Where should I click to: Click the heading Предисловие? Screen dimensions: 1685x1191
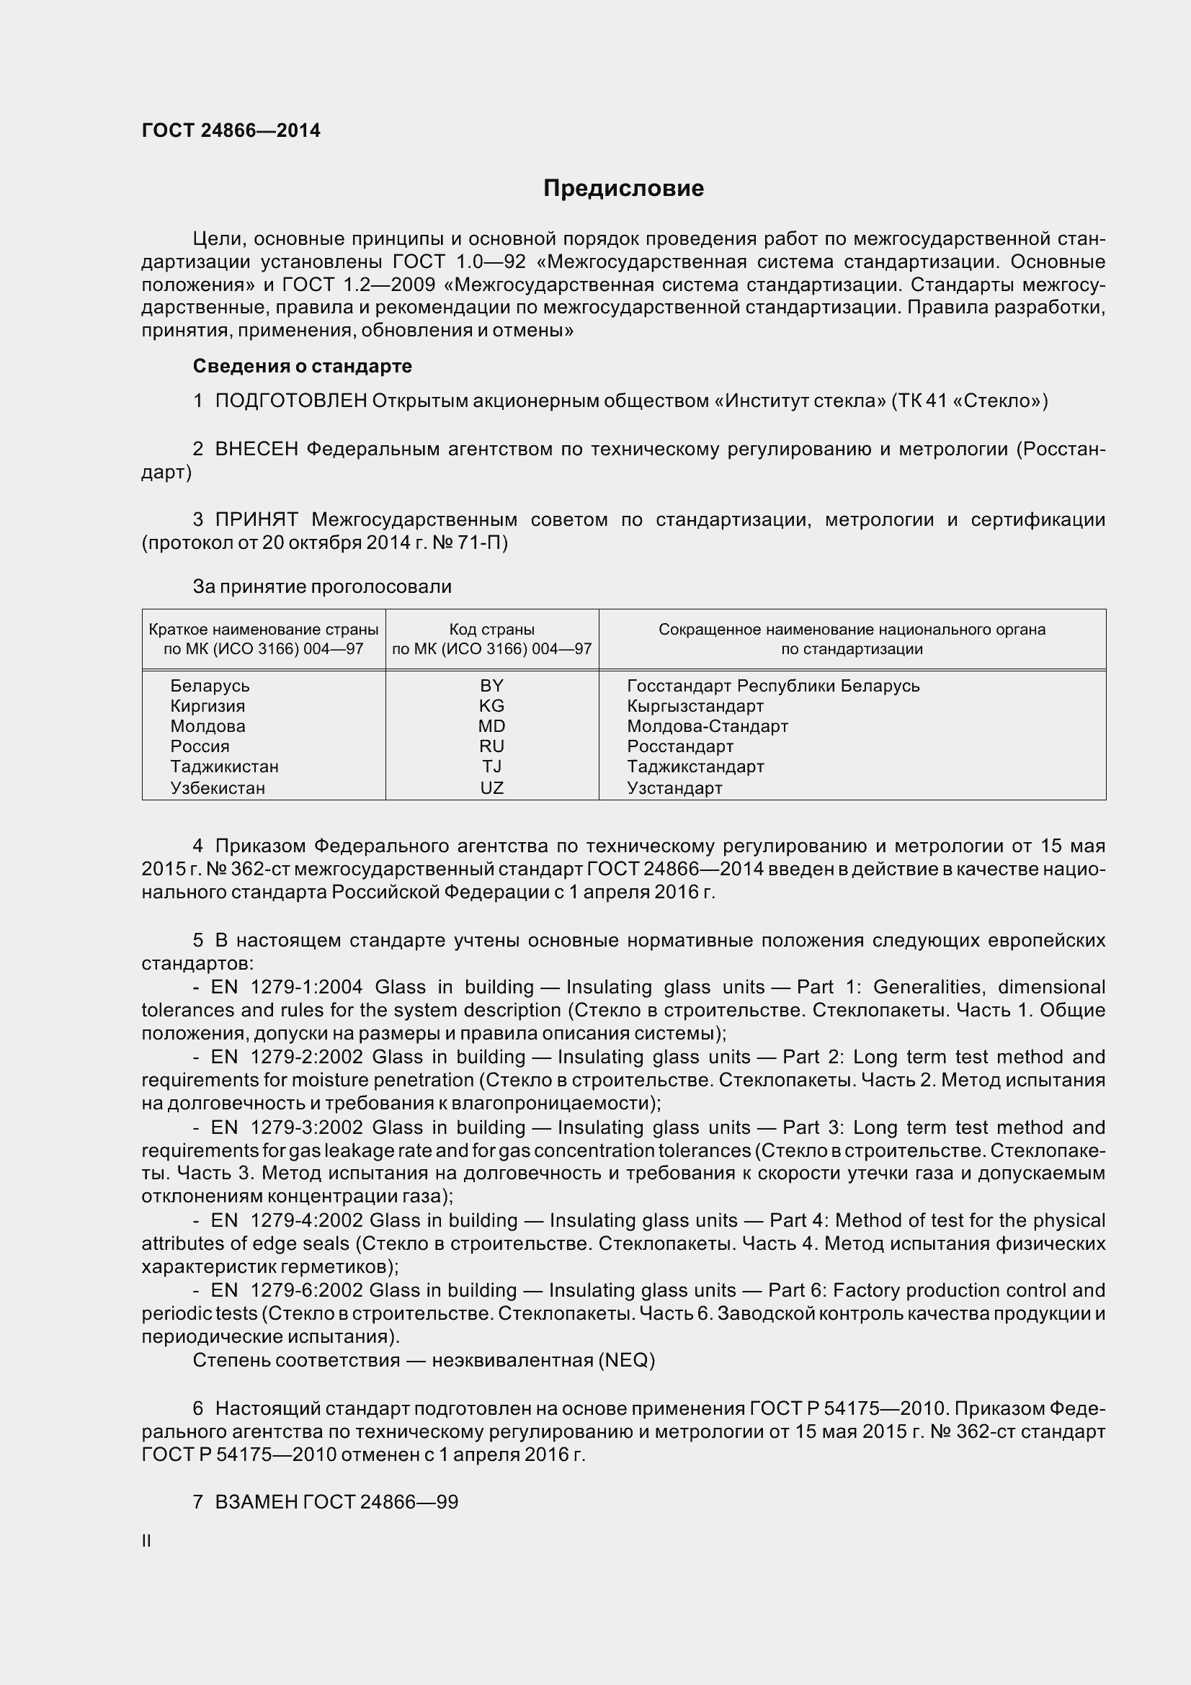pyautogui.click(x=623, y=189)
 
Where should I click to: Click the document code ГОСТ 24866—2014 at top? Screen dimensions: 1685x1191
pyautogui.click(x=231, y=130)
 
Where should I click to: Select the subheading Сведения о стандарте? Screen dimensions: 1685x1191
pyautogui.click(x=302, y=365)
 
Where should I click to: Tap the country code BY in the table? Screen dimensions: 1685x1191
pyautogui.click(x=491, y=685)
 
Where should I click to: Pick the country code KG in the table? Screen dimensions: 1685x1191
pyautogui.click(x=491, y=706)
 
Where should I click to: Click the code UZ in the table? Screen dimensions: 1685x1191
pyautogui.click(x=491, y=788)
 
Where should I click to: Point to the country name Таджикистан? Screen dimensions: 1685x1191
pyautogui.click(x=224, y=767)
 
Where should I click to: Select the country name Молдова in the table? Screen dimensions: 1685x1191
pyautogui.click(x=208, y=727)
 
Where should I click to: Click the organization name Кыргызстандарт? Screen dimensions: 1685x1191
pyautogui.click(x=695, y=706)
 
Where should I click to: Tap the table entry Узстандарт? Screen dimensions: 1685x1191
pyautogui.click(x=674, y=788)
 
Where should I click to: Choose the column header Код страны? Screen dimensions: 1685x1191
pyautogui.click(x=491, y=629)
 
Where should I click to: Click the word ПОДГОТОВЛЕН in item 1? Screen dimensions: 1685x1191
pyautogui.click(x=290, y=401)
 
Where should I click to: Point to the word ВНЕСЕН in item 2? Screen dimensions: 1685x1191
pyautogui.click(x=256, y=449)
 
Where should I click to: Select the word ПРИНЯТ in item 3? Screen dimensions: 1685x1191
pyautogui.click(x=256, y=520)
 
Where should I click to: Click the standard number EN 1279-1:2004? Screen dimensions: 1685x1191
pyautogui.click(x=286, y=987)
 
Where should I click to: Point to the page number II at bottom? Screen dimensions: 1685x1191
pyautogui.click(x=146, y=1541)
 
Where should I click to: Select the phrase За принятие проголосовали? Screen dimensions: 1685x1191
pyautogui.click(x=322, y=586)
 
